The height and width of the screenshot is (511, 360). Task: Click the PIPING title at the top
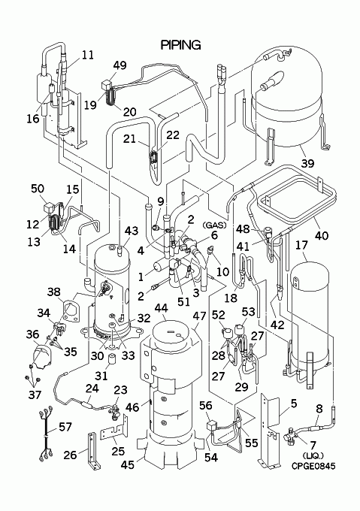(x=180, y=45)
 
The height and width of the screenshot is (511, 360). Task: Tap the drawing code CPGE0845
(x=313, y=466)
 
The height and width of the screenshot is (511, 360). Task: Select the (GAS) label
(x=214, y=225)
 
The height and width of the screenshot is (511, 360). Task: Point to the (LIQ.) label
(x=313, y=455)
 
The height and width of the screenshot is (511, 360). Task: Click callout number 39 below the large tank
(x=307, y=162)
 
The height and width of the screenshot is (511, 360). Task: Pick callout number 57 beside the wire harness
(x=66, y=427)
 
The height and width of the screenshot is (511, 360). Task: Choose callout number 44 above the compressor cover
(x=162, y=308)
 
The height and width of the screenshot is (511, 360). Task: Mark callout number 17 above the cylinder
(x=301, y=245)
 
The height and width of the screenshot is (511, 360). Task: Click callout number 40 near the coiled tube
(x=322, y=235)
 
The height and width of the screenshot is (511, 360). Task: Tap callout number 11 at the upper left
(x=87, y=55)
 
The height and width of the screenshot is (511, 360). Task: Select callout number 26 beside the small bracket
(x=70, y=455)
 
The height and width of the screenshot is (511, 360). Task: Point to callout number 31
(x=101, y=376)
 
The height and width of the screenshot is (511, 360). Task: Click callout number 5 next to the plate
(x=294, y=404)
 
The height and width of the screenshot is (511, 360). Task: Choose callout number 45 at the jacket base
(x=127, y=464)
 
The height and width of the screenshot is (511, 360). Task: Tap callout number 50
(x=38, y=189)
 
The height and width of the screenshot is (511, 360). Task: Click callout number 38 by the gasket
(x=54, y=292)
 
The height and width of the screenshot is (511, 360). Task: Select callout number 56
(x=206, y=406)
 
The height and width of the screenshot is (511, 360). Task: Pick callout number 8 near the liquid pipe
(x=319, y=408)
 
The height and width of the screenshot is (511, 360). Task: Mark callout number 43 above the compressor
(x=132, y=231)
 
